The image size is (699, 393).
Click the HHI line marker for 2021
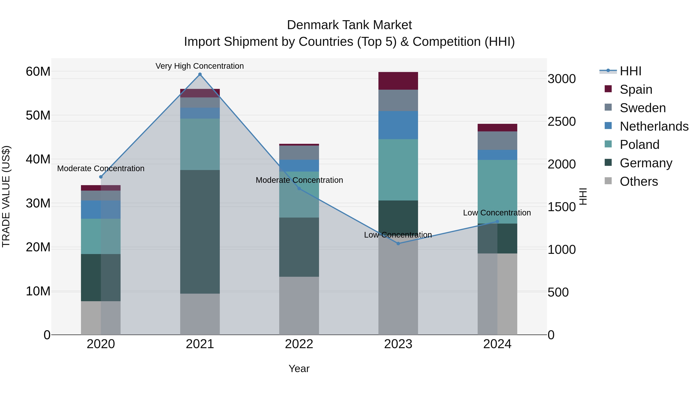tap(200, 74)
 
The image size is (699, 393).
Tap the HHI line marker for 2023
tap(398, 244)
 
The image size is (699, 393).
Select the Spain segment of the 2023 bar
tap(398, 81)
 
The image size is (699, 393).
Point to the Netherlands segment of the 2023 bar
tap(398, 125)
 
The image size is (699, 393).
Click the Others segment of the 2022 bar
tap(299, 305)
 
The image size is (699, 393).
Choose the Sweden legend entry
tap(642, 108)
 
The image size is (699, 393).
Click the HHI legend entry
tap(630, 71)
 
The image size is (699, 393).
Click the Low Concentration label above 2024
tap(497, 213)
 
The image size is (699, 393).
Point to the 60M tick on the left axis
tap(38, 72)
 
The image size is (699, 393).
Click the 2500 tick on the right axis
tap(561, 121)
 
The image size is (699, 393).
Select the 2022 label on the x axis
tap(299, 344)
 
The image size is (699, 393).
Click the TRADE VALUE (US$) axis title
tap(6, 196)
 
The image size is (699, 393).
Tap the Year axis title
tap(299, 369)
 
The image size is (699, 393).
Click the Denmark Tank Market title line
tap(349, 25)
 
